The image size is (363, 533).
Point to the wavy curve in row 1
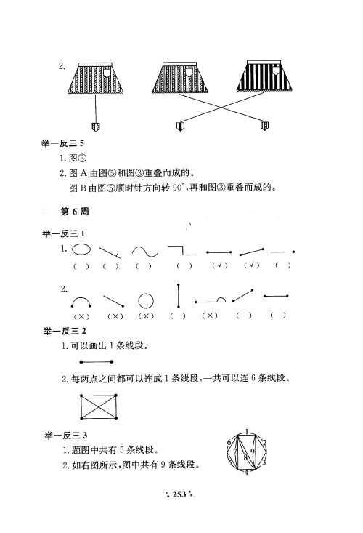tap(145, 251)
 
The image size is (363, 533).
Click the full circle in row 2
tap(146, 300)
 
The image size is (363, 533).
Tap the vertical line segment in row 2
tap(179, 296)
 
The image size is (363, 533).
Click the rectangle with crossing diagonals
tap(103, 406)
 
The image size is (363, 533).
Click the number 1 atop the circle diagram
tap(246, 433)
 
